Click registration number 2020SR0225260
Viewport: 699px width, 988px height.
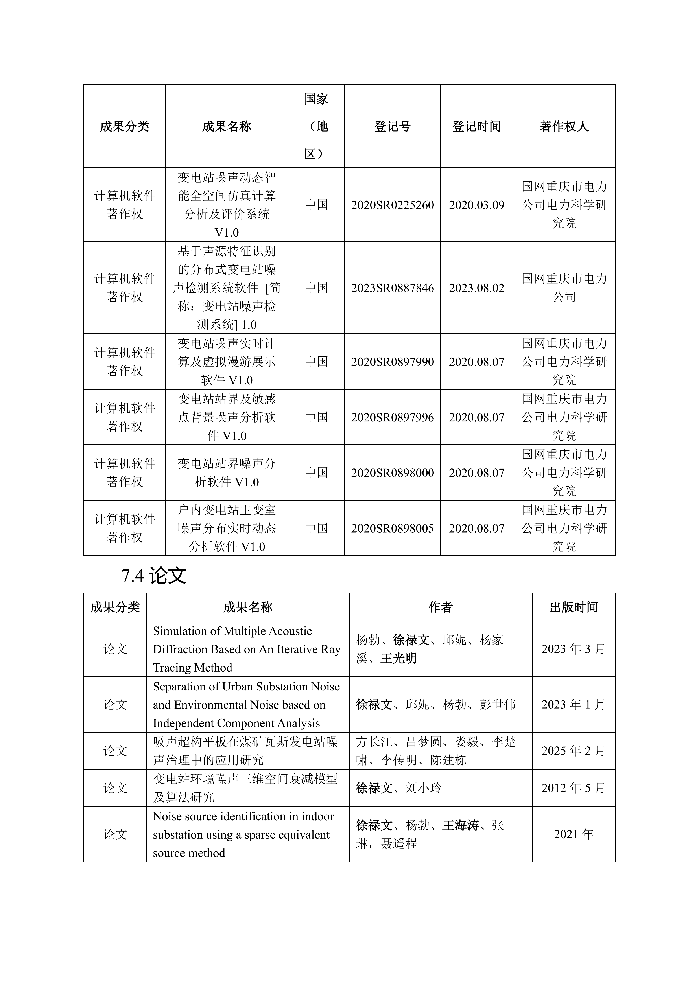[x=392, y=205]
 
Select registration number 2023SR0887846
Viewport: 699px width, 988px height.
[x=392, y=288]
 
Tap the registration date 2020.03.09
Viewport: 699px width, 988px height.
[x=476, y=205]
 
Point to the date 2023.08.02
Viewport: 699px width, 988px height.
[x=476, y=288]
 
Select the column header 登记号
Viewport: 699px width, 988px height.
[x=392, y=127]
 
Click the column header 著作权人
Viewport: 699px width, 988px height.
[x=564, y=127]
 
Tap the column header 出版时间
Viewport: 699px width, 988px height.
[x=574, y=607]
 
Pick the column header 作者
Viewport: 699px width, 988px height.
[x=440, y=607]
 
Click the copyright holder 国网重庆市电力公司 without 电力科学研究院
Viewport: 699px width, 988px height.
[x=564, y=288]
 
